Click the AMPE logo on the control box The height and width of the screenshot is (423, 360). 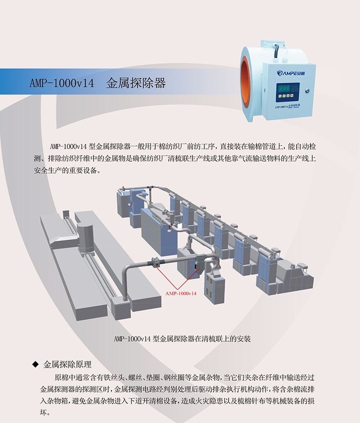[291, 73]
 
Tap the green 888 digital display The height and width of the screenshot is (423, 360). [284, 88]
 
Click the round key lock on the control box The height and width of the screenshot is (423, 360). [307, 91]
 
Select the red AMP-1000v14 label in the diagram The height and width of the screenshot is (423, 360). [181, 293]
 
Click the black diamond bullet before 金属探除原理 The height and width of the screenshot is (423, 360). [36, 365]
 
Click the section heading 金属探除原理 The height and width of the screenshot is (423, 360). [67, 365]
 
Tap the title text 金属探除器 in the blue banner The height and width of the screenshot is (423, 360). [135, 83]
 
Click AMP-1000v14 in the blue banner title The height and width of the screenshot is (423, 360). [62, 83]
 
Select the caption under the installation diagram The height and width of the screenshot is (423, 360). [182, 338]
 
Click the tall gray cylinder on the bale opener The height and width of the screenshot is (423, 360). [85, 238]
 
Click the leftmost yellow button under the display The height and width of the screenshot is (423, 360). [280, 96]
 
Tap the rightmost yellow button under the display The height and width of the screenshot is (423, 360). [292, 95]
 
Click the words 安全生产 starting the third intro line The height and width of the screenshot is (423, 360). [48, 170]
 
